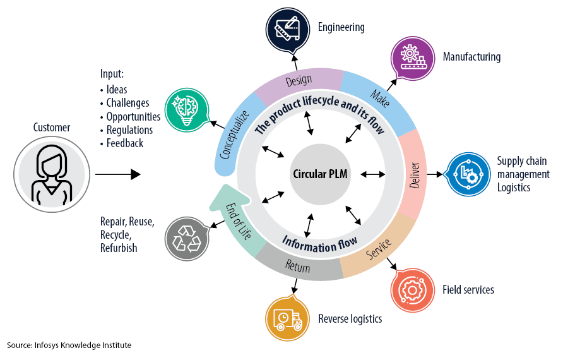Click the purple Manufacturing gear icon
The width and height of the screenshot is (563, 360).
coord(414,57)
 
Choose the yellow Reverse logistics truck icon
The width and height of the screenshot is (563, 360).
coord(287,319)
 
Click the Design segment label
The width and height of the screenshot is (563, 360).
coord(299,81)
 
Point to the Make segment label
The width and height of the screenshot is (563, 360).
coord(380,97)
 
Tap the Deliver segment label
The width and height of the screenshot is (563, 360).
coord(415,174)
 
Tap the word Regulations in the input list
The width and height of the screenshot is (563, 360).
coord(129,130)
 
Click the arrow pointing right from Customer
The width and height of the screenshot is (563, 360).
coord(117,174)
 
